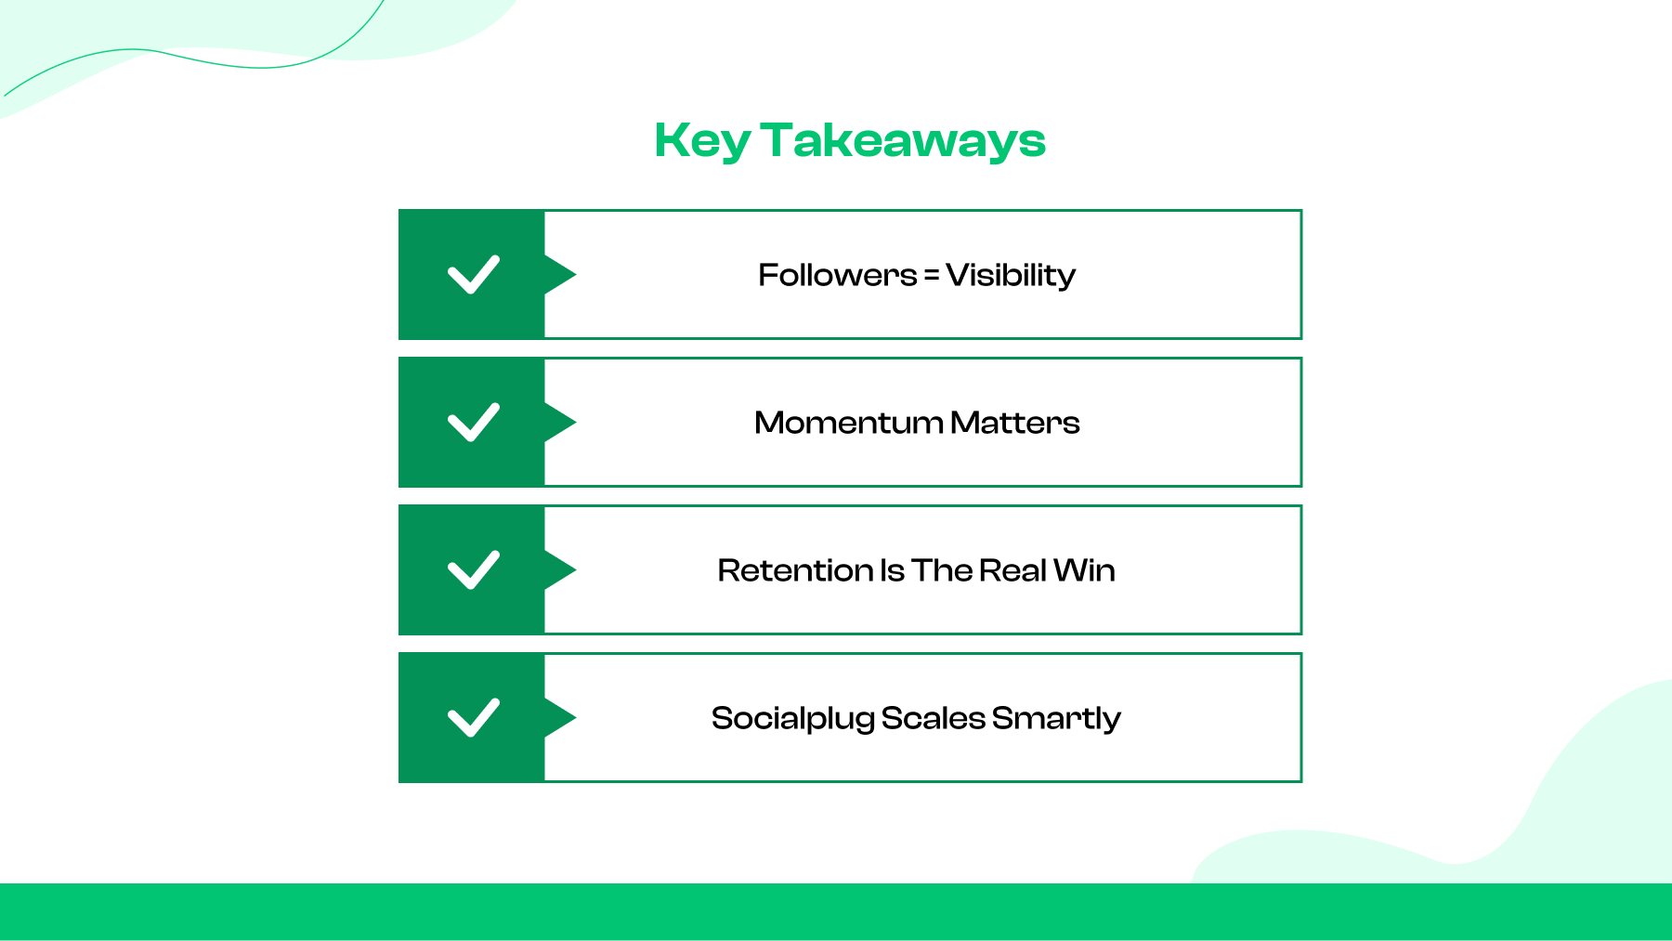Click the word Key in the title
pyautogui.click(x=702, y=141)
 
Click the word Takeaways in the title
pyautogui.click(x=903, y=141)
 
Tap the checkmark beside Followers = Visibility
pyautogui.click(x=474, y=275)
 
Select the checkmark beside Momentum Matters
pyautogui.click(x=474, y=423)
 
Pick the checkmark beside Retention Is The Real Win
pyautogui.click(x=474, y=570)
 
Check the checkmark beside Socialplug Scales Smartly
pyautogui.click(x=474, y=718)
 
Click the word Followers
pyautogui.click(x=837, y=275)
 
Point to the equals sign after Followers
pyautogui.click(x=931, y=275)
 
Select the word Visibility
pyautogui.click(x=1011, y=275)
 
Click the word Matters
pyautogui.click(x=1014, y=423)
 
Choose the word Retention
pyautogui.click(x=795, y=570)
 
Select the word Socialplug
pyautogui.click(x=792, y=718)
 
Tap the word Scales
pyautogui.click(x=933, y=718)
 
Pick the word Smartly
pyautogui.click(x=1056, y=718)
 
